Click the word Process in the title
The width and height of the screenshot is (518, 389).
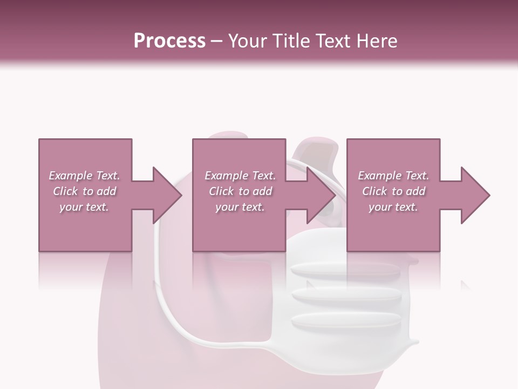click(x=169, y=41)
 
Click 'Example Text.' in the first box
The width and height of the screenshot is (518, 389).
click(x=84, y=176)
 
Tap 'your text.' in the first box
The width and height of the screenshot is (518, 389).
click(x=84, y=207)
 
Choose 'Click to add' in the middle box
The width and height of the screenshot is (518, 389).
click(x=240, y=191)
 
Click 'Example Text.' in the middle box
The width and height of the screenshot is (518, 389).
click(x=240, y=176)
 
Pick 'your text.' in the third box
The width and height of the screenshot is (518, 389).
click(x=393, y=207)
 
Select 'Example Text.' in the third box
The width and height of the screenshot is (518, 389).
click(x=393, y=176)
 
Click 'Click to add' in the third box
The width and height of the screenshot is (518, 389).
click(x=393, y=191)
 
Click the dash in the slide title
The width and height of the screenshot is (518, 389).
click(x=217, y=41)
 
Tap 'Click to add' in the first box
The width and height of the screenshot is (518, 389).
click(x=84, y=191)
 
